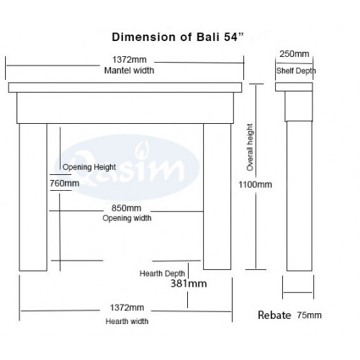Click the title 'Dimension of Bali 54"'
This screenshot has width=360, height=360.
pyautogui.click(x=178, y=37)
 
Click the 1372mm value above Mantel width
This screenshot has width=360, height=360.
pyautogui.click(x=130, y=60)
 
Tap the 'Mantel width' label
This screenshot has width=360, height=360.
pyautogui.click(x=129, y=71)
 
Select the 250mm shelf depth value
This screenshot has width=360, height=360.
pyautogui.click(x=294, y=54)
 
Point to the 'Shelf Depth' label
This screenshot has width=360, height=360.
pyautogui.click(x=296, y=71)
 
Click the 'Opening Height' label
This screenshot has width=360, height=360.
pyautogui.click(x=89, y=167)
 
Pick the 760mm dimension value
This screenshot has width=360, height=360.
pyautogui.click(x=65, y=184)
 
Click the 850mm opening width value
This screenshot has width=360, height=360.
pyautogui.click(x=126, y=208)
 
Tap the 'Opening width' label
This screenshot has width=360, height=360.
pyautogui.click(x=127, y=218)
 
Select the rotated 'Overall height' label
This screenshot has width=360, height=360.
pyautogui.click(x=250, y=148)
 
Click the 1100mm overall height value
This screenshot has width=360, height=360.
pyautogui.click(x=255, y=184)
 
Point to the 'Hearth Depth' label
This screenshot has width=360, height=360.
pyautogui.click(x=162, y=274)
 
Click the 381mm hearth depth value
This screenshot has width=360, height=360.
pyautogui.click(x=189, y=284)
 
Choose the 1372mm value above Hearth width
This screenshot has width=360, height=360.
pyautogui.click(x=127, y=307)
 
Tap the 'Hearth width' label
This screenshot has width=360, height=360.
pyautogui.click(x=127, y=321)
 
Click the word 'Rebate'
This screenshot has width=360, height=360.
pyautogui.click(x=274, y=315)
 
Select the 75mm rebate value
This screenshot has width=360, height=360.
pyautogui.click(x=309, y=315)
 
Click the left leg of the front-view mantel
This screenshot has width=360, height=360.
pyautogui.click(x=33, y=197)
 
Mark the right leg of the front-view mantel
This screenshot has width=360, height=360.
pyautogui.click(x=217, y=197)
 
